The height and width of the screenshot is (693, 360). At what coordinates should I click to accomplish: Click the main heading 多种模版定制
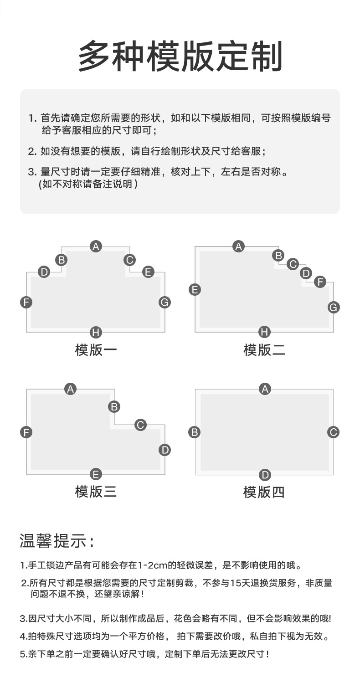coord(180,56)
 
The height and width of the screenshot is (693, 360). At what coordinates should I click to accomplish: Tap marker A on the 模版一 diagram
coord(96,246)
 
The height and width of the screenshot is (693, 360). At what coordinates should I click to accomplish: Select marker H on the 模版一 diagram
coord(96,332)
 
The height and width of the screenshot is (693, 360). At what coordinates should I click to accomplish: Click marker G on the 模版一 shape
coord(165,302)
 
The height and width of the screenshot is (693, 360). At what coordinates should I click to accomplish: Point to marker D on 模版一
coord(44,272)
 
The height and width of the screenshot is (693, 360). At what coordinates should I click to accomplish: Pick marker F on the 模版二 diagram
coord(320,282)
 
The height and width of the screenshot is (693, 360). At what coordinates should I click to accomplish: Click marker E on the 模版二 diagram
coord(195,289)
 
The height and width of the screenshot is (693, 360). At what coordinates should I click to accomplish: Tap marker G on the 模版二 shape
coord(334,308)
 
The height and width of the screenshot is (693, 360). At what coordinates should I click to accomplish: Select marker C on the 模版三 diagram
coord(140,425)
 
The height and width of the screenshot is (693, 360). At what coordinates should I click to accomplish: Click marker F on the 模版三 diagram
coord(26,432)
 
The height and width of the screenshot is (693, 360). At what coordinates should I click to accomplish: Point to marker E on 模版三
coord(96,474)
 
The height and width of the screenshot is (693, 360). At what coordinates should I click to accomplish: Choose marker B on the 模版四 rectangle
coord(195,432)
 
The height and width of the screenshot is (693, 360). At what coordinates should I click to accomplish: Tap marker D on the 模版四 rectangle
coord(265,475)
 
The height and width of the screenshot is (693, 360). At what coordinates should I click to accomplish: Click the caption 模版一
coord(96,350)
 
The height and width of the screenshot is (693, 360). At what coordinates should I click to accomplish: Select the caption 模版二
coord(264,350)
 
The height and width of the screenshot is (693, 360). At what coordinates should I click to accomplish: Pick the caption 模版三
coord(96,492)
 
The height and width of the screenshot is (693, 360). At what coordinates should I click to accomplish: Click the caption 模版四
coord(264,492)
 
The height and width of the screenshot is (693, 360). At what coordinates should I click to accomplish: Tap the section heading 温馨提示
coord(57,541)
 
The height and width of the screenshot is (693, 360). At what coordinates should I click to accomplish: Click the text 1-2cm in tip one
coord(152,566)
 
